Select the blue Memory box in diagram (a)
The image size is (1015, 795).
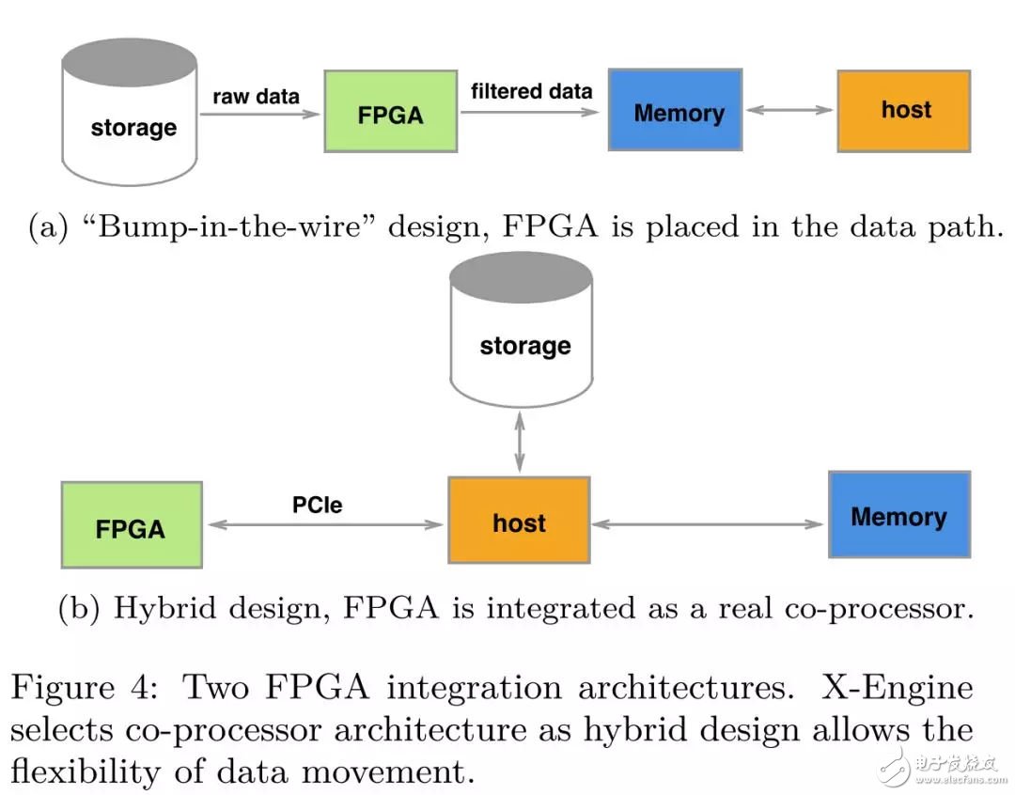pos(675,110)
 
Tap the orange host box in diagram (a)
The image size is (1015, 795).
pos(903,110)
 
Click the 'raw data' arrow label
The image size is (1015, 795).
pos(256,96)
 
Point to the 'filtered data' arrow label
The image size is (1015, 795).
pos(531,91)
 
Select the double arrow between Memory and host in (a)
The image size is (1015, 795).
pos(789,110)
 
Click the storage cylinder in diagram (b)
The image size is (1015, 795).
pos(521,334)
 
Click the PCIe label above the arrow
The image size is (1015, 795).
pos(317,505)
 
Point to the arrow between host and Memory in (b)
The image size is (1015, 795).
pos(708,523)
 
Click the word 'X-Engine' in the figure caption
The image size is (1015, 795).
pos(898,688)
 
